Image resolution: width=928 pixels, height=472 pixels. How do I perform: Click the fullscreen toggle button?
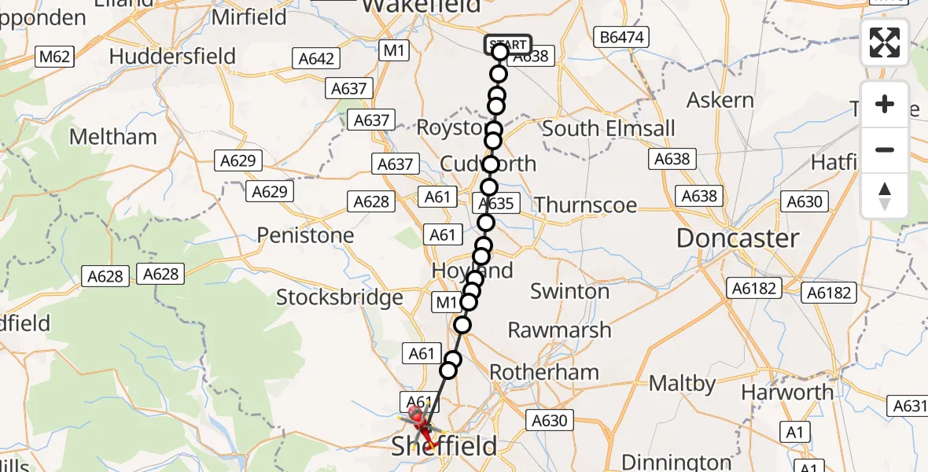(885, 42)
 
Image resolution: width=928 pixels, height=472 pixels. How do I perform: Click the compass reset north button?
(885, 195)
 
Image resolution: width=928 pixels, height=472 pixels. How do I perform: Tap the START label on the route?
(507, 45)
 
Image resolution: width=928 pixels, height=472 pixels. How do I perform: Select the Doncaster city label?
(738, 238)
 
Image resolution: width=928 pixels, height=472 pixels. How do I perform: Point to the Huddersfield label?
(173, 57)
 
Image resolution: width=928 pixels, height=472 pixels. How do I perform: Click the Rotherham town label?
(543, 372)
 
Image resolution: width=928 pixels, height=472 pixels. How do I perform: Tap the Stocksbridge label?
(339, 298)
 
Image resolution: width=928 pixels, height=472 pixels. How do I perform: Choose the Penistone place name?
(305, 235)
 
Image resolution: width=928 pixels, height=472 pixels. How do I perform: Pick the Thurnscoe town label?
(586, 205)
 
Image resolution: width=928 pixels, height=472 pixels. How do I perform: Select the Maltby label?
(683, 385)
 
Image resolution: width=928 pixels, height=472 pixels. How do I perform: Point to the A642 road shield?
(317, 58)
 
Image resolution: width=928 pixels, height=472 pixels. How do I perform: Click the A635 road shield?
(496, 204)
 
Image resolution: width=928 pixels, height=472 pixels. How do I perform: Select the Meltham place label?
(113, 137)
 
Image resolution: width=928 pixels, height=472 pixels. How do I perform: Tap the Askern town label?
(720, 101)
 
